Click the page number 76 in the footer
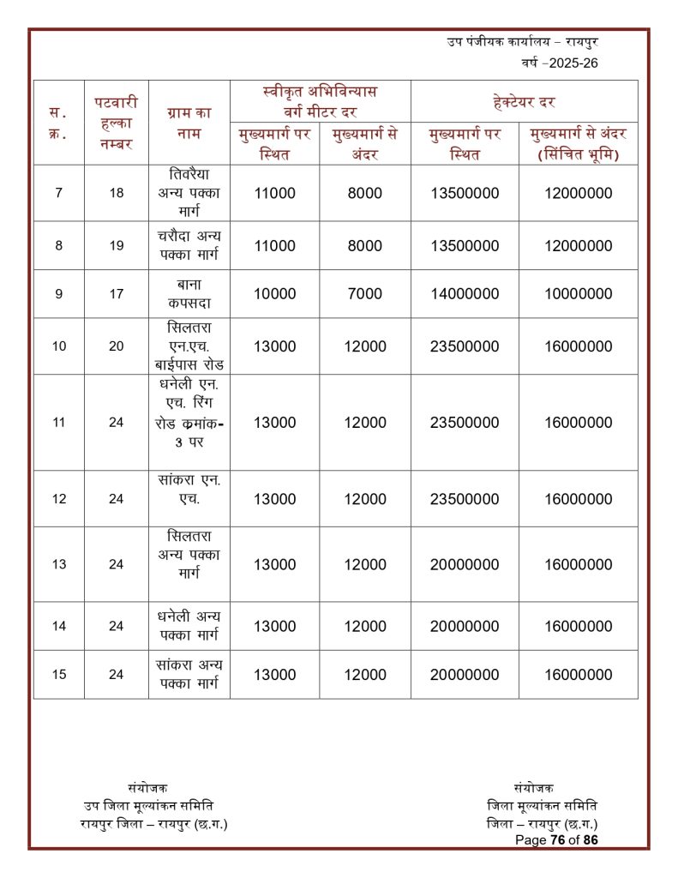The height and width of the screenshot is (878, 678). pos(563,839)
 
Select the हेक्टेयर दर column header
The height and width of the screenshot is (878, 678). pos(524,102)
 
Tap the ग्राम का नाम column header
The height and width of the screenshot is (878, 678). pos(189,123)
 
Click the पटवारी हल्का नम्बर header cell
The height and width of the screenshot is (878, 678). pos(116,123)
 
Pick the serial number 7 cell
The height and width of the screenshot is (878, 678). pos(58,193)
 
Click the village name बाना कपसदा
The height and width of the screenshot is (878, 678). pos(189,293)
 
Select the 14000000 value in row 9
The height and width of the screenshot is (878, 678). pos(465,293)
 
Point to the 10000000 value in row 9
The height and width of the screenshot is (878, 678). pos(578,293)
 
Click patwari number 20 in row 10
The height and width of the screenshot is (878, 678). pos(116,346)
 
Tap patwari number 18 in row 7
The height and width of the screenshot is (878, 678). pos(116,193)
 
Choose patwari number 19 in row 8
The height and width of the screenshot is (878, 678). pos(116,246)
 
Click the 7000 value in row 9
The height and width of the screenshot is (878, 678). pos(365,293)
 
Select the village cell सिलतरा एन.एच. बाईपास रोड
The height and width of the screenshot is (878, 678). pos(189,346)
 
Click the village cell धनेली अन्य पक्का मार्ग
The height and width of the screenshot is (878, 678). pos(189,626)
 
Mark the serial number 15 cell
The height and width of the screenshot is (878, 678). pos(58,675)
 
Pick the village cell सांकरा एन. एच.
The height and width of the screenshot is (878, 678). pos(189,498)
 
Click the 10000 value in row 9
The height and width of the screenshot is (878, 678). pos(274,293)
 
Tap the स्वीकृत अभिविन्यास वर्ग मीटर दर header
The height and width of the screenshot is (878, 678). pos(320,101)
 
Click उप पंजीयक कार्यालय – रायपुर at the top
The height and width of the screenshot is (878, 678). pos(521,41)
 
